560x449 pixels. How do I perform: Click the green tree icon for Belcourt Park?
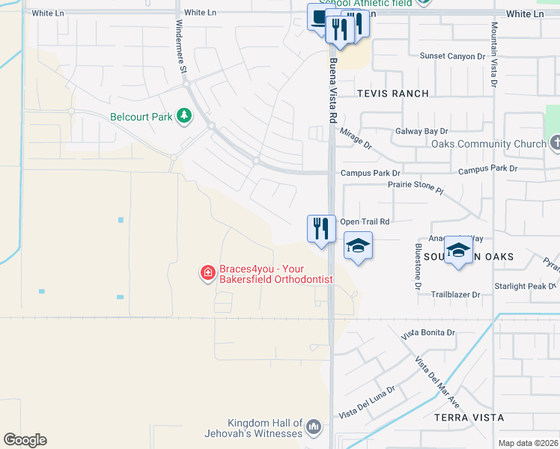pos(183,116)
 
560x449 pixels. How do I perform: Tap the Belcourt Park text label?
pos(141,117)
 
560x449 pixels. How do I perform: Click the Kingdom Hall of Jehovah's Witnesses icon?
pos(314,428)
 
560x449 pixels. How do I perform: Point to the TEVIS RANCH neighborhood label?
pos(393,94)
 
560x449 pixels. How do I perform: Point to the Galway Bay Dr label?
pos(421,131)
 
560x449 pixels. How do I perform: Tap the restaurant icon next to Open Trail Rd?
pos(321,227)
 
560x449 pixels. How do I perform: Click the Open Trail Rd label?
pos(365,222)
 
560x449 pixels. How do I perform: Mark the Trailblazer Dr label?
pos(455,295)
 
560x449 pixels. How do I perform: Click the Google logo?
pos(25,440)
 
